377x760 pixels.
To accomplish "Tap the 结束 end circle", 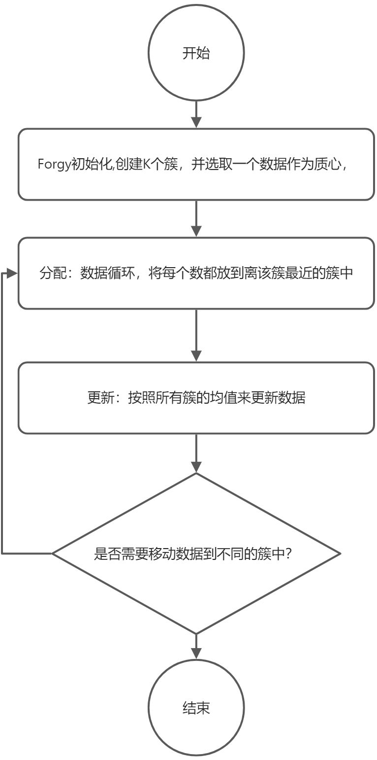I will click(196, 708).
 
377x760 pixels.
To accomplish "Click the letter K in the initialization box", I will click(147, 165).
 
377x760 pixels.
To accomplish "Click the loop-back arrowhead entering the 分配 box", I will click(14, 274).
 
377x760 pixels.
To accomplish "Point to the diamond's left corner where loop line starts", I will click(53, 553).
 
